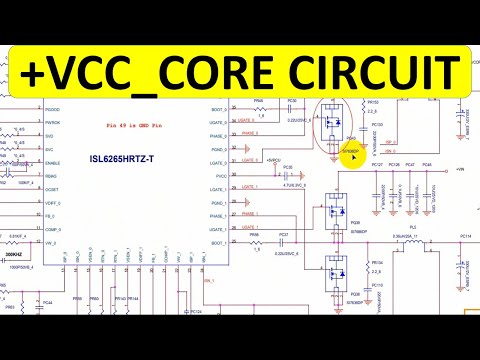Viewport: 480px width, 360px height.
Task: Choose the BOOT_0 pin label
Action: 213,109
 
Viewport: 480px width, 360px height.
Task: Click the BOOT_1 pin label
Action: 213,240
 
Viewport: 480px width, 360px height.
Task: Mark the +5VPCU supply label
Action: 273,159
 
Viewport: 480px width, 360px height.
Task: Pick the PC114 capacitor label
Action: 465,237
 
